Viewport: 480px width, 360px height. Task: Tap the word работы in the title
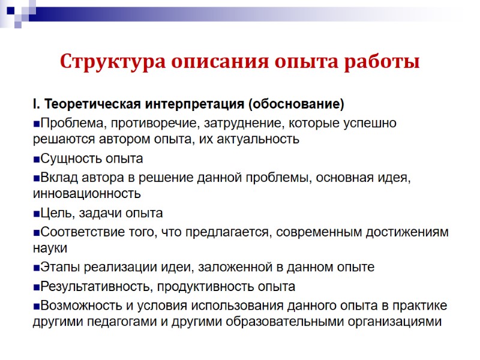pos(385,62)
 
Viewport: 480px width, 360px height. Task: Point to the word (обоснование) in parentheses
pos(295,105)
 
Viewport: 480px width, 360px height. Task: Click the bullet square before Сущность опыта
pos(36,159)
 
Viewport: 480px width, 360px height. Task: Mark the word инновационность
pos(87,194)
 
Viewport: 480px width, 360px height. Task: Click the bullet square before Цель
pos(36,214)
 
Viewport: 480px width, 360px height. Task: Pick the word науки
pos(50,248)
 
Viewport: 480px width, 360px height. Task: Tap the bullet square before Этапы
pos(36,268)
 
